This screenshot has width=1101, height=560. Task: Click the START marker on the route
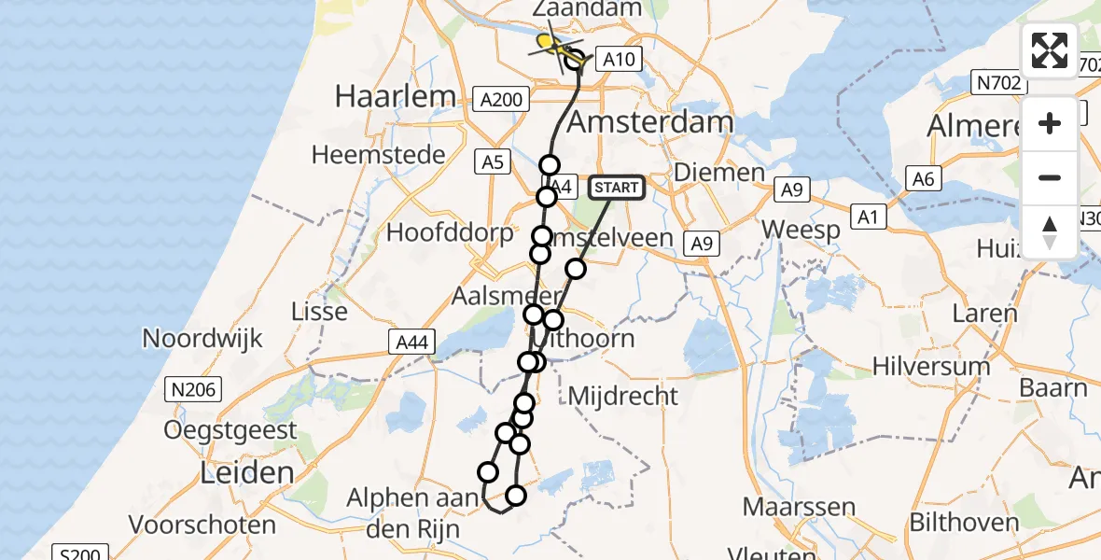click(617, 188)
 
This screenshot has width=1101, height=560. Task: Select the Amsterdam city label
click(650, 122)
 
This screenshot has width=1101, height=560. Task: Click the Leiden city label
click(247, 472)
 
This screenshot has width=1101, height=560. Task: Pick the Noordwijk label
click(202, 338)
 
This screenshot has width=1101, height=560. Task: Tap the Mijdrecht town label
click(623, 396)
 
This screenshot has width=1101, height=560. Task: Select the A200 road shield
click(501, 98)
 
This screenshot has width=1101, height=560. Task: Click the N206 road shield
click(188, 385)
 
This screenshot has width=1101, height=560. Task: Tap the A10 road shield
click(618, 60)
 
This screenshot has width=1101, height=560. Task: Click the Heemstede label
click(379, 155)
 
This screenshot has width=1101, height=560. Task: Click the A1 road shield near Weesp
click(870, 217)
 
